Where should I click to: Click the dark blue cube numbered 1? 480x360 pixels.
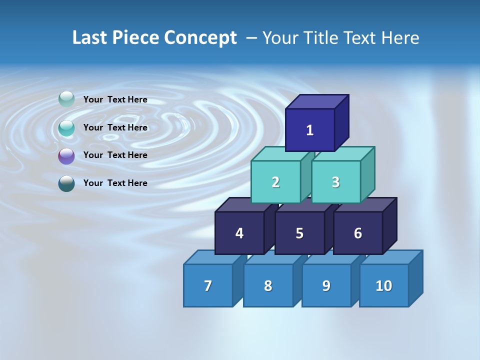(310, 130)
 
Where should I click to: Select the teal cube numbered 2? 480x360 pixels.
(275, 182)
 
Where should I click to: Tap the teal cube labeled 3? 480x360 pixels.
(335, 182)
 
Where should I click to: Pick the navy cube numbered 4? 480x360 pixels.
(239, 233)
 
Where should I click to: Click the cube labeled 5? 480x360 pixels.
(299, 233)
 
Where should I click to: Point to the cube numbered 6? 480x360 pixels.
(358, 233)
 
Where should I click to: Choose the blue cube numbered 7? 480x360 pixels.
(208, 285)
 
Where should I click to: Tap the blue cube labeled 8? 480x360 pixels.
(268, 285)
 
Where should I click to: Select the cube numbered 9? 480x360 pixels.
(326, 285)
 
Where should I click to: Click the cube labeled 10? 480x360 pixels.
(384, 285)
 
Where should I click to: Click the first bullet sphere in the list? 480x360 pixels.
(66, 99)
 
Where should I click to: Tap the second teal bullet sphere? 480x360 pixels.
(66, 128)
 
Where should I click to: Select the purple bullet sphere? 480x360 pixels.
(66, 156)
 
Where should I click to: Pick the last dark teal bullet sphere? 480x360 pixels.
(66, 183)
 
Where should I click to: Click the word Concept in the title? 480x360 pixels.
(200, 38)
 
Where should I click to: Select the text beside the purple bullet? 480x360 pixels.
(115, 155)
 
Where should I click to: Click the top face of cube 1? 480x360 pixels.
(317, 101)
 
